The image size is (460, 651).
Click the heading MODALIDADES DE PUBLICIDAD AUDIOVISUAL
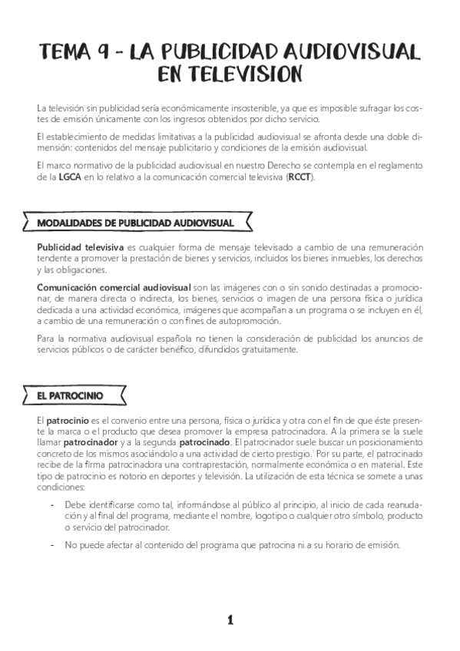pos(135,223)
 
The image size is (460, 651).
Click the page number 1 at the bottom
pos(230,620)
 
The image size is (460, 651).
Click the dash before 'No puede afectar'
pos(51,544)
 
